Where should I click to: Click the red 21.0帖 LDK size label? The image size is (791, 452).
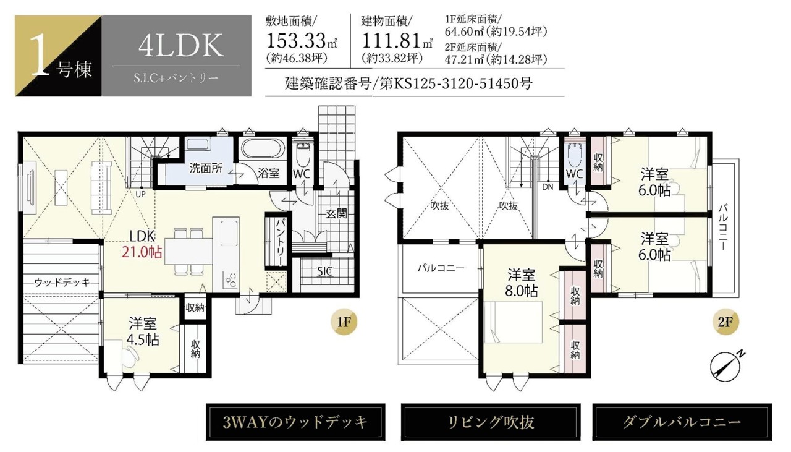coord(142,252)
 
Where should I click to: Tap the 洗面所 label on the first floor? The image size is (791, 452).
coord(206,168)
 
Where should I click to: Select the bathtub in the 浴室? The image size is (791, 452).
coord(263,148)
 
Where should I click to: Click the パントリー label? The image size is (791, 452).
coord(281,242)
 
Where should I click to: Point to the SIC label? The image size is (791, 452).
coord(324,271)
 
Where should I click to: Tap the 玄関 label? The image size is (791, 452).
coord(336,213)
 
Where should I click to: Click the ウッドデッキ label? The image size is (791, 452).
coord(62,283)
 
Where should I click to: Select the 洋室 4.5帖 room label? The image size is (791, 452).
coord(143,331)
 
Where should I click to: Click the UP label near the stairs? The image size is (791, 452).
coord(140,194)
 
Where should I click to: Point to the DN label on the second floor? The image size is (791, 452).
coord(548,187)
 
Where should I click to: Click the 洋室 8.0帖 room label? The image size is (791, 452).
coord(521,283)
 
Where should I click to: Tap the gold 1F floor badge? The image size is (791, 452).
coord(344,322)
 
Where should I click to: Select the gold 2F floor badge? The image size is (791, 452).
coord(725,322)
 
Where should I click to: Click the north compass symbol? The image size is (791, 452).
coord(725,367)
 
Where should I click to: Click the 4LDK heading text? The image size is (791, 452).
coord(181,45)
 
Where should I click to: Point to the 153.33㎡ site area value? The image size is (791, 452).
coord(301,41)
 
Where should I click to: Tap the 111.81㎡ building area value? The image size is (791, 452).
coord(397,41)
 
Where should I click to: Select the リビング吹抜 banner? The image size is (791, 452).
coord(491,422)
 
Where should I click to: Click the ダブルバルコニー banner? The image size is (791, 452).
coord(682,422)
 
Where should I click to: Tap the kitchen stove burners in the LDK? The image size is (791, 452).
coord(231,279)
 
